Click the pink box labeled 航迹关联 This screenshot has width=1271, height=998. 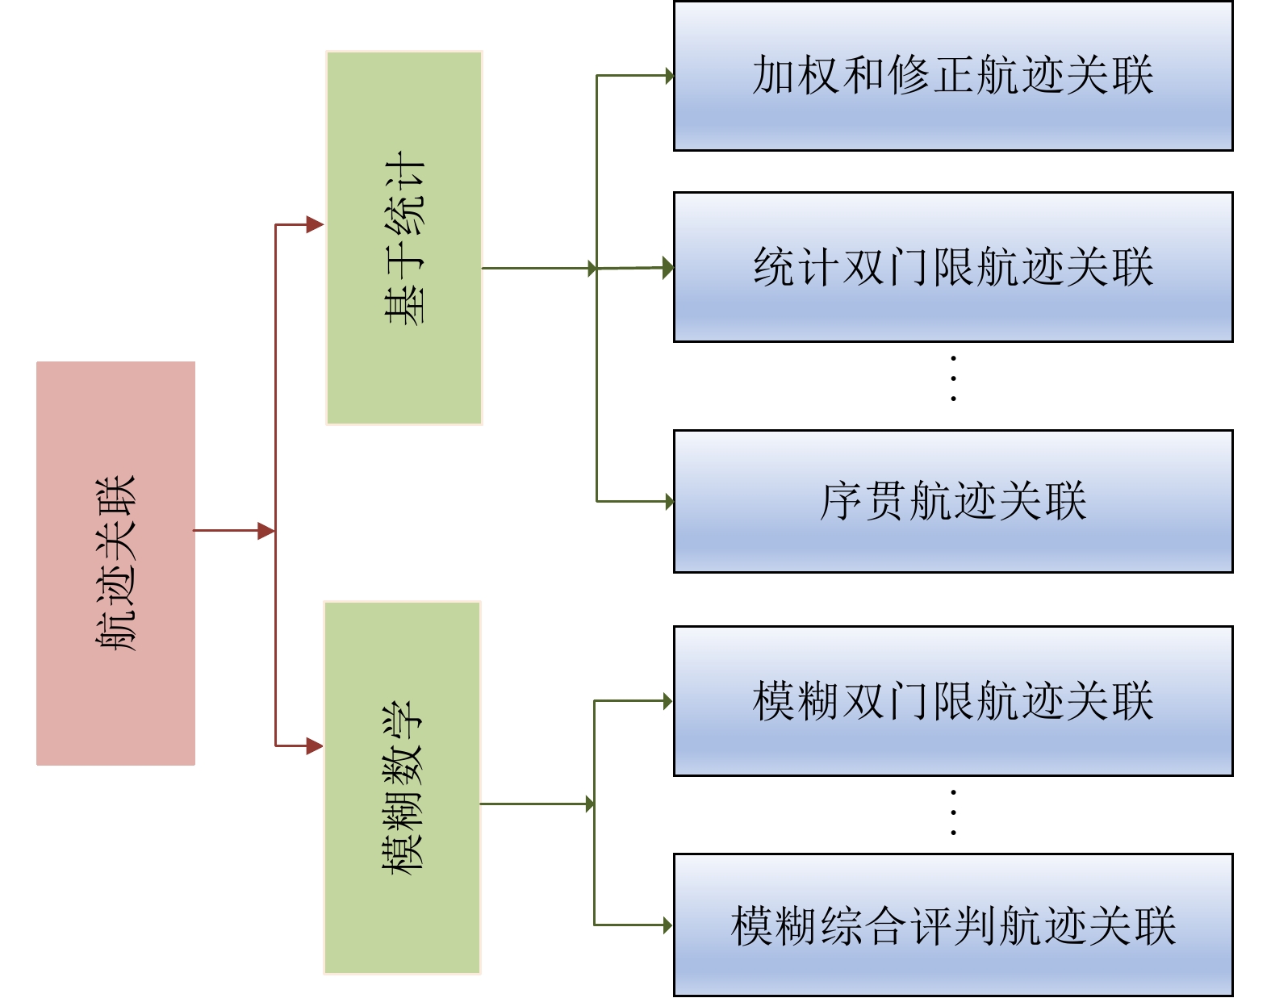(x=116, y=563)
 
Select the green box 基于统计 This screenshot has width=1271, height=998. (x=404, y=238)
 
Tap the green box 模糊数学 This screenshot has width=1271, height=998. (x=403, y=787)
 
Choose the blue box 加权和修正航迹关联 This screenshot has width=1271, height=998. (x=953, y=76)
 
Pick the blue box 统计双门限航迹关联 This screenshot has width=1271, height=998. (x=953, y=267)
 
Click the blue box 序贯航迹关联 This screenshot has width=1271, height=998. (x=953, y=502)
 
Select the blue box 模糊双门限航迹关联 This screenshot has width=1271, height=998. (x=953, y=701)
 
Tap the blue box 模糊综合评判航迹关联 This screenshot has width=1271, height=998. (x=953, y=925)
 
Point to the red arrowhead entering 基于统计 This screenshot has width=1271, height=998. (x=316, y=224)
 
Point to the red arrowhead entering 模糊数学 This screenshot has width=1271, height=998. (x=315, y=746)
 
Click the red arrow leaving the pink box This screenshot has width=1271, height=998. (x=234, y=531)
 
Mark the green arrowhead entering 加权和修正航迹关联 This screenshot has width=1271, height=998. (x=670, y=75)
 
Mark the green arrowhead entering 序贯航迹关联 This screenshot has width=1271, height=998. (x=670, y=501)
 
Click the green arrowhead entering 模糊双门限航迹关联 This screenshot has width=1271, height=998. (x=668, y=701)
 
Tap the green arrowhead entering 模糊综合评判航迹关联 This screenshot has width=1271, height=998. (x=668, y=925)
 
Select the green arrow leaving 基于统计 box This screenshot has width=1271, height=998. (x=539, y=269)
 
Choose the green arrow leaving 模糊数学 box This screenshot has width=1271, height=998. (x=537, y=804)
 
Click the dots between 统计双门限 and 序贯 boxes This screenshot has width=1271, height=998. (x=953, y=378)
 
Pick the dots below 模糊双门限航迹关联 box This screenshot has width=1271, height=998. (x=953, y=812)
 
